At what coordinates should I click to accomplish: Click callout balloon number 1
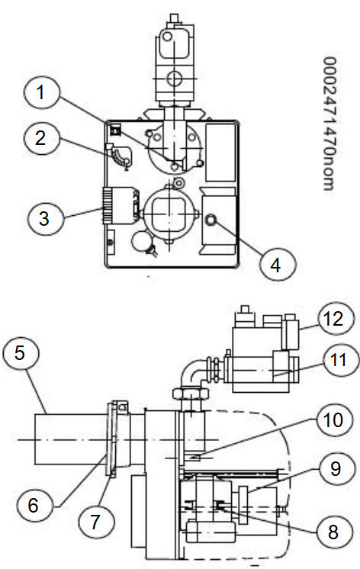(x=42, y=92)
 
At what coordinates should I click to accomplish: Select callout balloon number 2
(x=41, y=138)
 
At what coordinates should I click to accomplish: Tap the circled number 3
(x=45, y=218)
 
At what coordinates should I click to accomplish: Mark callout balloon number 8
(x=334, y=532)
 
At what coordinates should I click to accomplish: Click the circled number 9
(x=336, y=469)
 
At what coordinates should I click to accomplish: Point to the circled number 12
(x=336, y=319)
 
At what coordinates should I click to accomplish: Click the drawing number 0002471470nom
(x=330, y=124)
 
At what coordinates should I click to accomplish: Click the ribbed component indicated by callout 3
(x=107, y=205)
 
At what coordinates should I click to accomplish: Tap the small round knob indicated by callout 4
(x=211, y=220)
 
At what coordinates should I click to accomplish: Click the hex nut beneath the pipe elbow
(x=190, y=394)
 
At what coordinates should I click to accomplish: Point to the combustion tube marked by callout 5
(x=71, y=439)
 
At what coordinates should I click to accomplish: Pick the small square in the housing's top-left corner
(x=115, y=130)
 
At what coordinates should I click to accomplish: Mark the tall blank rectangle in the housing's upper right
(x=220, y=153)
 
